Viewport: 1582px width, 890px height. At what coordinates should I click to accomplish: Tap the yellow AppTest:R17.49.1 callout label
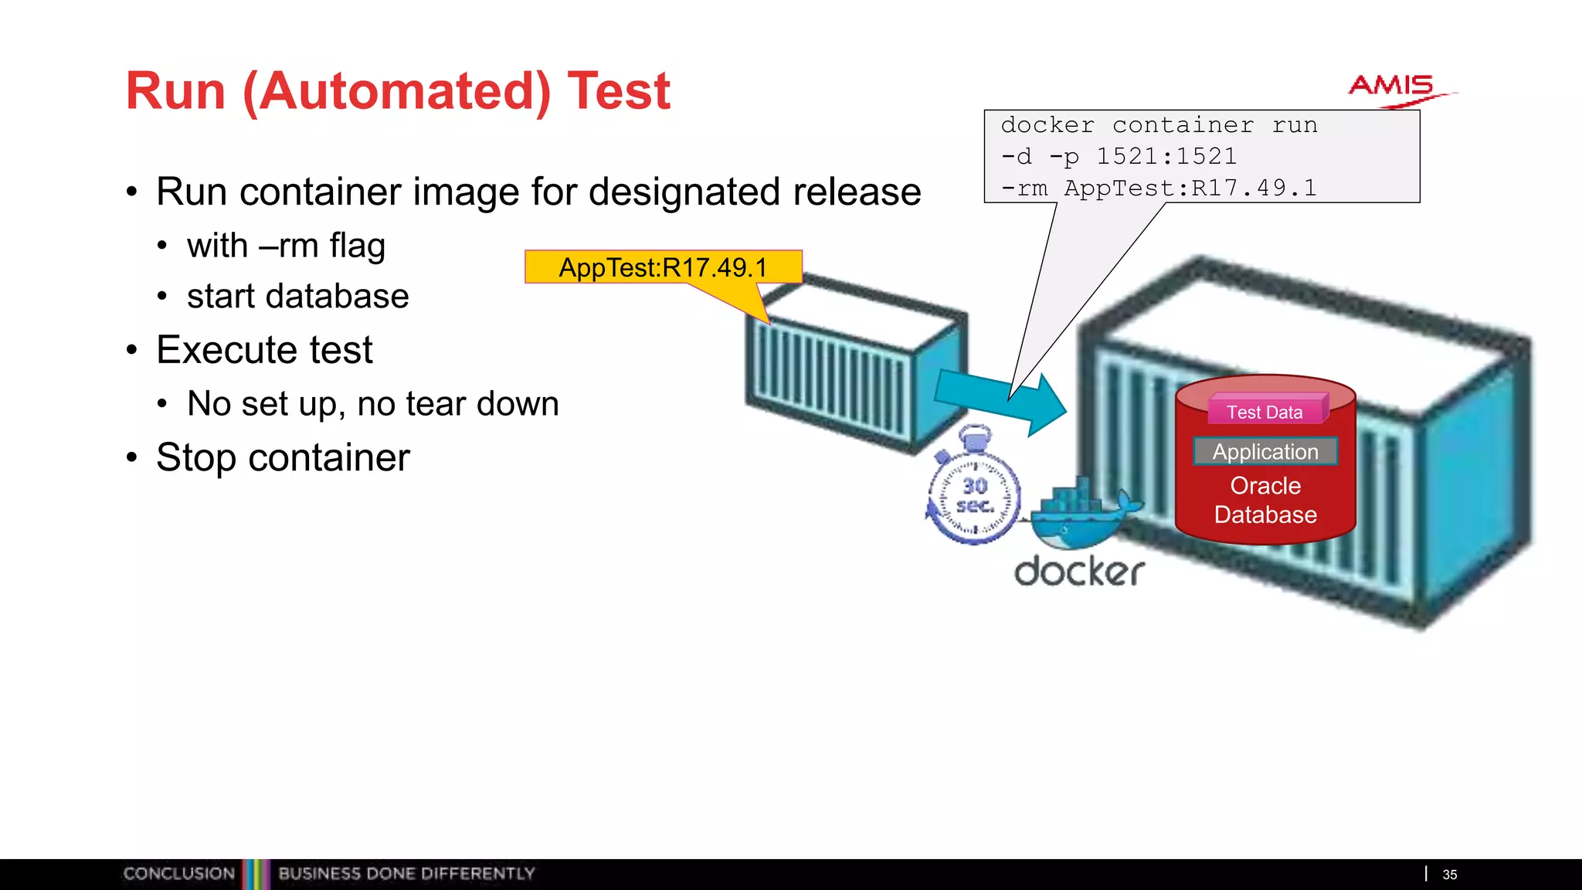point(663,267)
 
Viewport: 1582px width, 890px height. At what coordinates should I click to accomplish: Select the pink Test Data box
point(1265,412)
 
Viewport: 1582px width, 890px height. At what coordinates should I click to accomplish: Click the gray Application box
point(1265,451)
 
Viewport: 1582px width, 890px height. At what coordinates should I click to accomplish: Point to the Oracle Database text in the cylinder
point(1265,501)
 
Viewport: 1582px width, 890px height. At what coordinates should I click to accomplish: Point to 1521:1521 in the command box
point(1166,156)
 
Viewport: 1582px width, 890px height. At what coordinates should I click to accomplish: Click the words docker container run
point(1159,125)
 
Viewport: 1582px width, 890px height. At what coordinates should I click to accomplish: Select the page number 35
point(1449,875)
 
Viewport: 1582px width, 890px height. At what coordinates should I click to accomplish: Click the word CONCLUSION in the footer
point(178,874)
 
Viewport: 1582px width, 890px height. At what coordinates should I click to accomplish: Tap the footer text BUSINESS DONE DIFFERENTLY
point(406,874)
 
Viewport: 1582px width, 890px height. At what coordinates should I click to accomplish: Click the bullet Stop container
point(283,457)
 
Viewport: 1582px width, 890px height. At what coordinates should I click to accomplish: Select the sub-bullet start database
point(297,297)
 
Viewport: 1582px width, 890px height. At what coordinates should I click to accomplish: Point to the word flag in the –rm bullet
point(357,246)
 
